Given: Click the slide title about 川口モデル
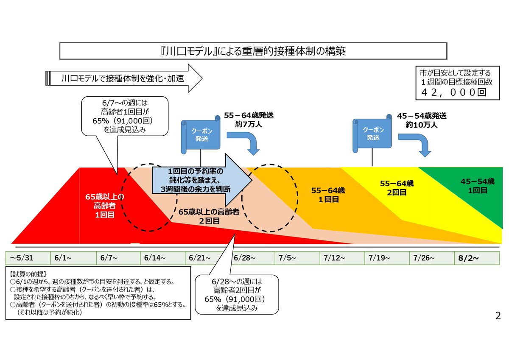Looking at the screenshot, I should tap(253, 51).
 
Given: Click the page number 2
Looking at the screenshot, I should tap(497, 315).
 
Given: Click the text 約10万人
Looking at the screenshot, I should tap(421, 125).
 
